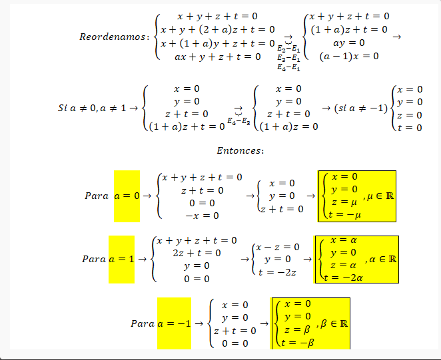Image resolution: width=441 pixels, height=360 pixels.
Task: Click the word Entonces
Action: [240, 150]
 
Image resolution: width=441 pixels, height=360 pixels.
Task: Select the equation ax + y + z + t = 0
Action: [218, 57]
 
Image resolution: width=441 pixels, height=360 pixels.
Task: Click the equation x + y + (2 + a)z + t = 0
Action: [218, 29]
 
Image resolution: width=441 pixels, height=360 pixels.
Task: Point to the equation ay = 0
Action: [348, 43]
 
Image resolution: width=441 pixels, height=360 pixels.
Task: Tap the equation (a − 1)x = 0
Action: [348, 57]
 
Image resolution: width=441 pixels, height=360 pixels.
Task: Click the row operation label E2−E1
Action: [288, 49]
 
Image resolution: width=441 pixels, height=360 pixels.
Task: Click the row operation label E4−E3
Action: [238, 121]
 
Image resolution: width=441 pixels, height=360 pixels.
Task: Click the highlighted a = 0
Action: [127, 196]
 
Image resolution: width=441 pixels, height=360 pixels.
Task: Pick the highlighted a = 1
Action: [121, 258]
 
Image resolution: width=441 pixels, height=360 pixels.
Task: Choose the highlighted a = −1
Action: [174, 323]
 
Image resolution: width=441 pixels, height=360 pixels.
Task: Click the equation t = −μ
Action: [344, 214]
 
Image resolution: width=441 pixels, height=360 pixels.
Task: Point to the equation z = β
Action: [297, 330]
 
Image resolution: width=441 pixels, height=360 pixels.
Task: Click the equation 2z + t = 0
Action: [196, 253]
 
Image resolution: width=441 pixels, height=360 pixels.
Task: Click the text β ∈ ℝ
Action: [334, 323]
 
